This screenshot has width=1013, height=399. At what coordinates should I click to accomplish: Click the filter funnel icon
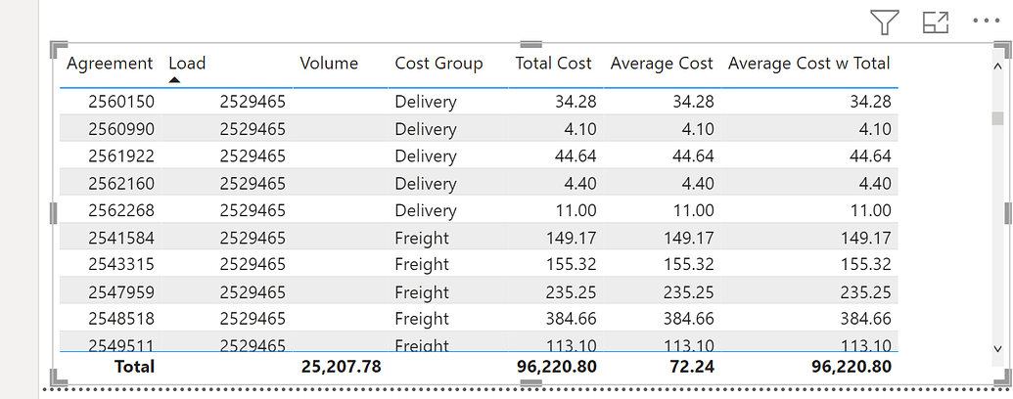tap(885, 22)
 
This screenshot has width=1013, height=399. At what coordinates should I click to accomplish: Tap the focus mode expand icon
tap(936, 22)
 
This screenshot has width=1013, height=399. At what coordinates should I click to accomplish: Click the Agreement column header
tap(110, 64)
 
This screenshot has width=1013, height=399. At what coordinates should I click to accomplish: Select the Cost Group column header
tap(438, 64)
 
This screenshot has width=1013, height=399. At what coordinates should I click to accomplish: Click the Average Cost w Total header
tap(808, 64)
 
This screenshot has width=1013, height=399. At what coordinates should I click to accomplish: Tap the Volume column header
tap(329, 64)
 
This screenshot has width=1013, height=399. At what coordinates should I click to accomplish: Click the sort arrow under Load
tap(174, 79)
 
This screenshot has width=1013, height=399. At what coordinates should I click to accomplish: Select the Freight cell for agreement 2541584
tap(422, 238)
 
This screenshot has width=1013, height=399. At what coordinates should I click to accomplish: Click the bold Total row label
tap(135, 367)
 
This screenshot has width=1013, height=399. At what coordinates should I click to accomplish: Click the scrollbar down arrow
tap(997, 347)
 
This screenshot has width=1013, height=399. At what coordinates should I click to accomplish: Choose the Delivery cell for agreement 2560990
tap(425, 129)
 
